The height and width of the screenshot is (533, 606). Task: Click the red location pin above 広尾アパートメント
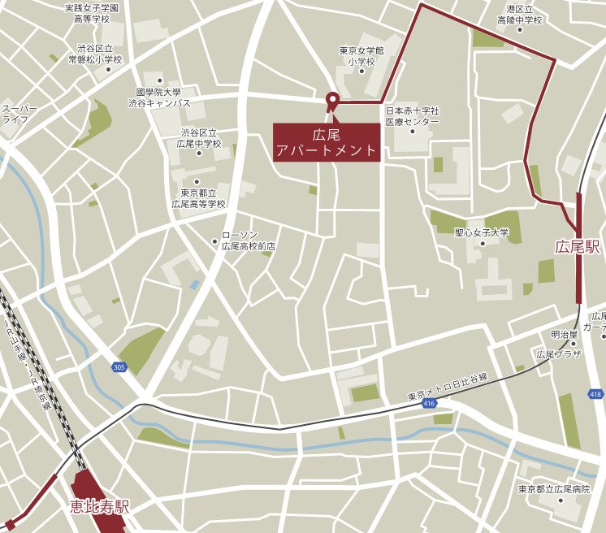click(331, 101)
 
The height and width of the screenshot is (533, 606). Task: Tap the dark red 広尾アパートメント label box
click(327, 142)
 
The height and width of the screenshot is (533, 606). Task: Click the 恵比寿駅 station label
click(99, 508)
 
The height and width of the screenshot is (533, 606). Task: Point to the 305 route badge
click(119, 367)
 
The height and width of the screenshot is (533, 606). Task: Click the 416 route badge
click(429, 404)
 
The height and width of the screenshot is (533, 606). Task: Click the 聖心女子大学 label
click(482, 232)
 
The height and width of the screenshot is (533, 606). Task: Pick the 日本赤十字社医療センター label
click(412, 115)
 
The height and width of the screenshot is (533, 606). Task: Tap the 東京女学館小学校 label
click(361, 55)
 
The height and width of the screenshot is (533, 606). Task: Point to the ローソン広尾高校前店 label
click(249, 240)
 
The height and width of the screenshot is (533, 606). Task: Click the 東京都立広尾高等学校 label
click(197, 198)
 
